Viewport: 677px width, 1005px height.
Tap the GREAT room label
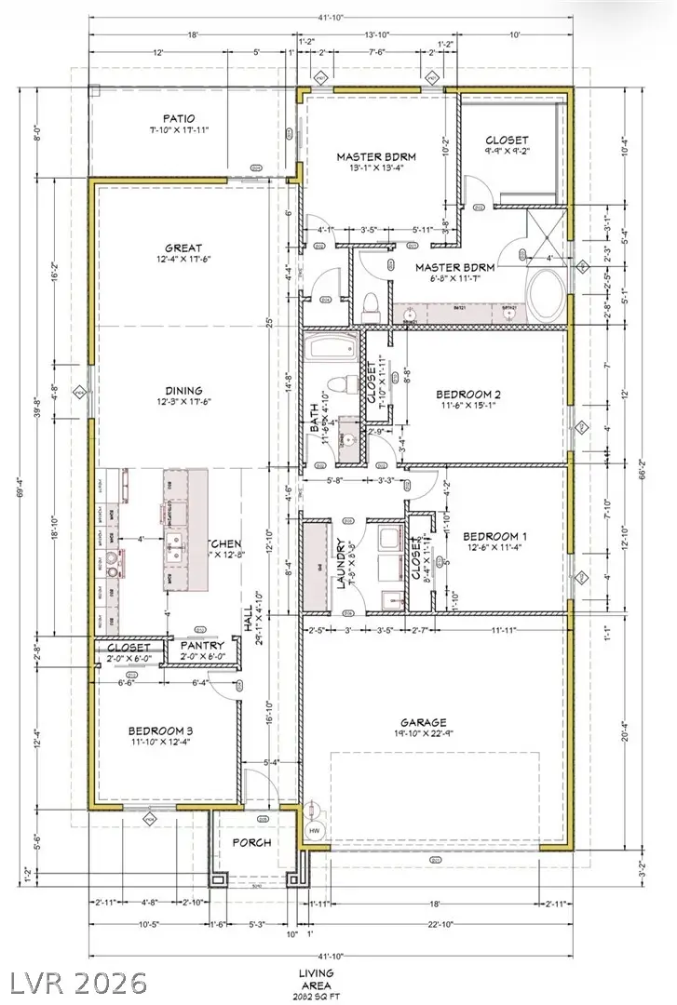click(x=184, y=248)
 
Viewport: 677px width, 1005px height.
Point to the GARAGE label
click(x=425, y=722)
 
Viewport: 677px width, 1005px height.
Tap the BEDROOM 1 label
click(x=495, y=537)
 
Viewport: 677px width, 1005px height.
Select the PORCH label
click(x=252, y=843)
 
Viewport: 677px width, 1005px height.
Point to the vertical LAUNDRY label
click(x=342, y=565)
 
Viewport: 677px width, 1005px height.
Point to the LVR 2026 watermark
click(x=78, y=983)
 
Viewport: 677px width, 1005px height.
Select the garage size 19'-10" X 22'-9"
click(x=425, y=733)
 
